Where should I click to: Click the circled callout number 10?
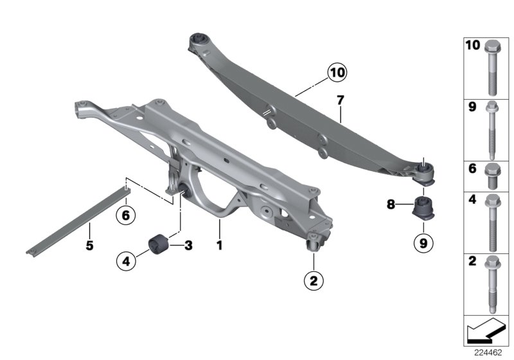337,72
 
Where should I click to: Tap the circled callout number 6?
126,215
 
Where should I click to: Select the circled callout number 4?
126,261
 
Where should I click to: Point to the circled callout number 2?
314,281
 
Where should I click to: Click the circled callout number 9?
423,243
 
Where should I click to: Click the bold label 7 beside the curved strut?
341,100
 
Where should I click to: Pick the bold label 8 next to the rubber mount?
391,204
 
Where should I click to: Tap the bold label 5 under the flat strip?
89,245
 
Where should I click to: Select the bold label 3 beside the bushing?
188,245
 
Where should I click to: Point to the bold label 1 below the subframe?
220,245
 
